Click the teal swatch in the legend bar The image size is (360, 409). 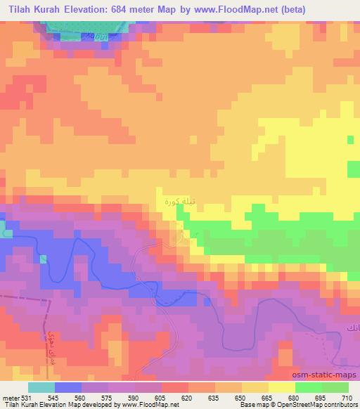(x=41, y=387)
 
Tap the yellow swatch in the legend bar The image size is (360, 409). (x=282, y=387)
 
